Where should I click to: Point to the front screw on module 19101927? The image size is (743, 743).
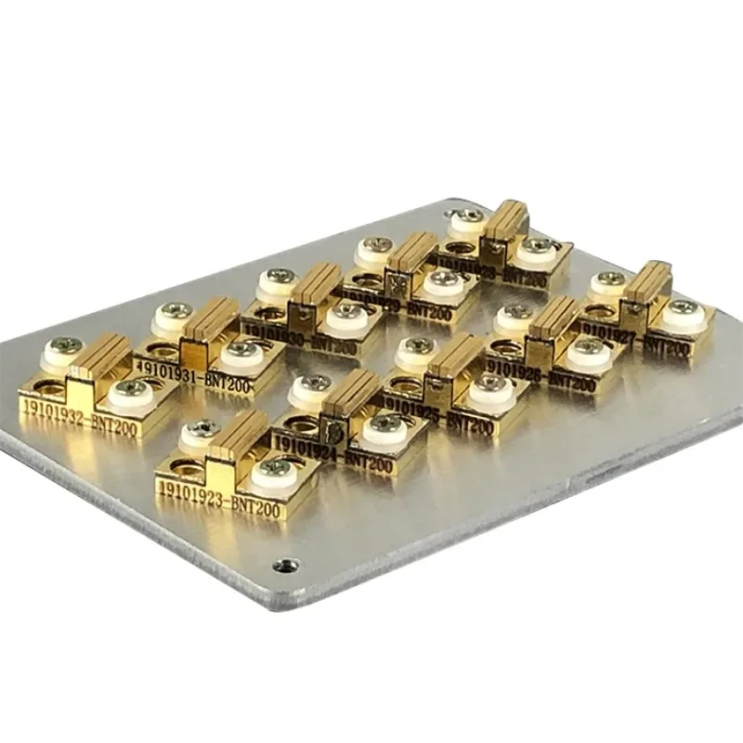683,307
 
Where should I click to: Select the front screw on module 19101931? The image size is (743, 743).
244,350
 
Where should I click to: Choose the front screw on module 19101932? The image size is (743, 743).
131,387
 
